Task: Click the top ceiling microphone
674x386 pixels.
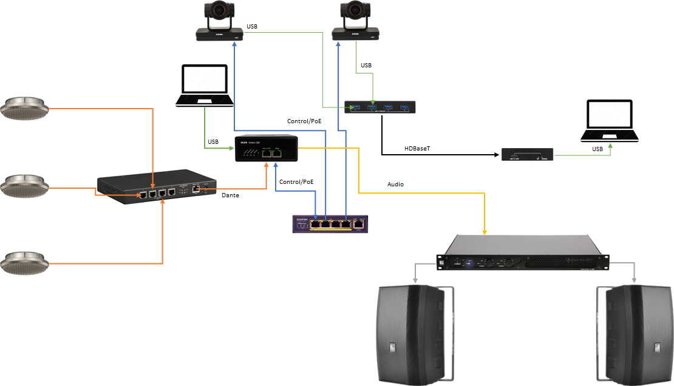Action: click(x=24, y=108)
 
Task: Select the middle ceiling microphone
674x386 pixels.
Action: click(x=24, y=185)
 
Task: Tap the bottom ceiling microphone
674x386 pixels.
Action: click(x=24, y=262)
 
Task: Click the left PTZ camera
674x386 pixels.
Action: click(x=219, y=22)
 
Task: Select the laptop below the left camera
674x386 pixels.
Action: click(x=205, y=86)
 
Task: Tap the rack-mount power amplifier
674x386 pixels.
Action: click(x=522, y=252)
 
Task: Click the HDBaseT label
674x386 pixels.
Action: click(x=417, y=149)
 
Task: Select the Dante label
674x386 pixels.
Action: click(x=230, y=195)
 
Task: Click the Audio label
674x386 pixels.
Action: click(x=395, y=183)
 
